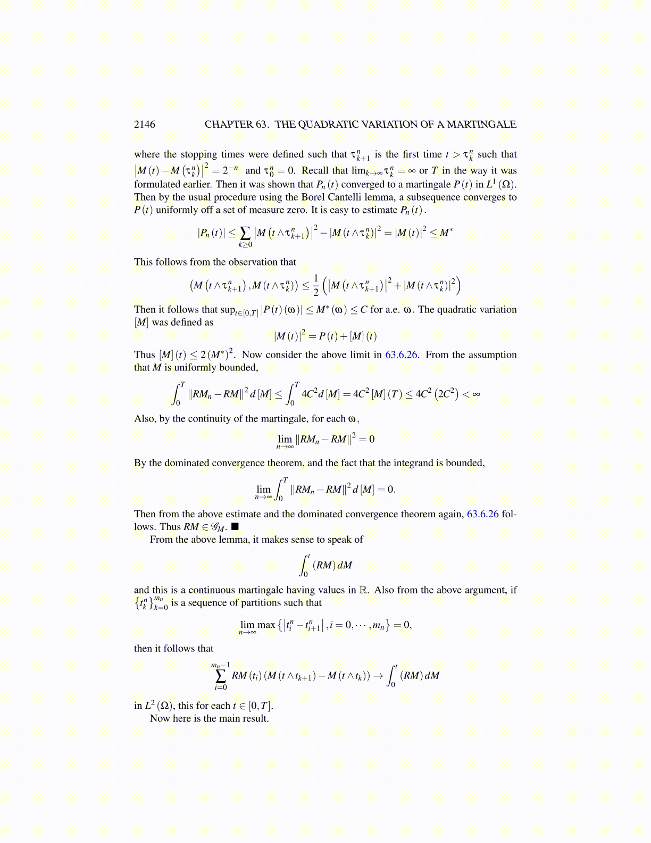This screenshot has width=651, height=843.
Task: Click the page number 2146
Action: pos(145,125)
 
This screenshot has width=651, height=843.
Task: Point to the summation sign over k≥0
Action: pos(245,233)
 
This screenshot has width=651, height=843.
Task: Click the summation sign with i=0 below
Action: pos(221,676)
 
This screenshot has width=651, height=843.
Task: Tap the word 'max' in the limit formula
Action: pos(266,625)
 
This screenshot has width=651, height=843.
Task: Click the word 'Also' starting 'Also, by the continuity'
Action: pos(144,419)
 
